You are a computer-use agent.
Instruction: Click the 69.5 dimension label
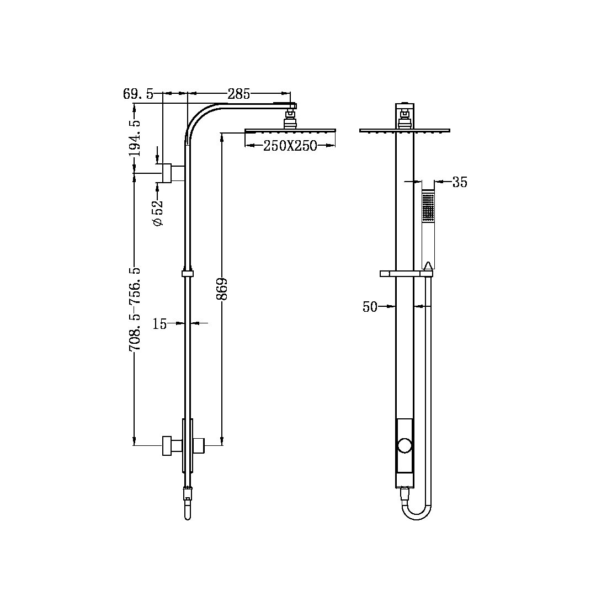[139, 94]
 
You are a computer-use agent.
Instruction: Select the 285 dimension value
[239, 94]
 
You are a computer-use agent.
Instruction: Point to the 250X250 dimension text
[290, 146]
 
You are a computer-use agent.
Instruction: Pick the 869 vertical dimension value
[222, 289]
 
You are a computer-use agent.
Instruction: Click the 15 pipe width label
[159, 324]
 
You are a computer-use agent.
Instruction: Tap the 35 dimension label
[460, 183]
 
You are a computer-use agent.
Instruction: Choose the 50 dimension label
[370, 307]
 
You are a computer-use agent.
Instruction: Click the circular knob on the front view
[405, 446]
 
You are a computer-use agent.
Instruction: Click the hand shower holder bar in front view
[406, 273]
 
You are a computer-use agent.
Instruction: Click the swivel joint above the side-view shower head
[290, 118]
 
